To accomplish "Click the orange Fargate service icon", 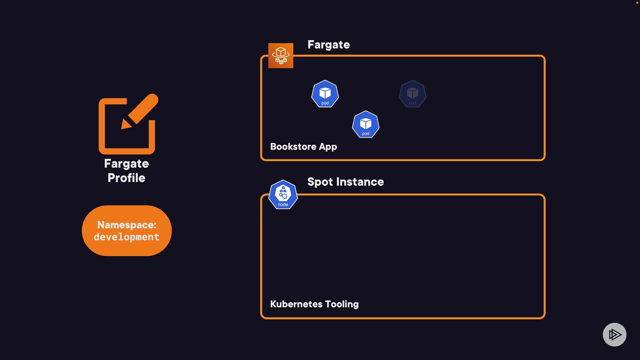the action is point(281,56).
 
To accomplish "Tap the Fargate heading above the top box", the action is point(328,45).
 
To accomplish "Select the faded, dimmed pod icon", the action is point(412,94).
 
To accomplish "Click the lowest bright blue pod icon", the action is point(366,124).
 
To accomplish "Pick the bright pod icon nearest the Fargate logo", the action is point(325,94).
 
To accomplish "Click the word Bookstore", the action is point(293,147).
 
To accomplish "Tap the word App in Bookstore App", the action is point(328,147).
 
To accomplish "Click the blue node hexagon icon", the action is point(283,195).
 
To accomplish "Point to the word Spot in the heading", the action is point(320,182).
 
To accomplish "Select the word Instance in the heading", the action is point(360,182).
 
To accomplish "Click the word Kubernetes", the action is point(296,304).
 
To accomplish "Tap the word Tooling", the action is point(342,304).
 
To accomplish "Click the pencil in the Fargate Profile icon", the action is point(141,110).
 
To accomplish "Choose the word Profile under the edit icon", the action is point(126,178).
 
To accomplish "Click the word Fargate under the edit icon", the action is point(126,164).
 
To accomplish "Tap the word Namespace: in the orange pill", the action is point(127,225).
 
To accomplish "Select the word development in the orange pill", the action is point(127,237).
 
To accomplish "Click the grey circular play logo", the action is point(614,334).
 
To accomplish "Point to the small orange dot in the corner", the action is point(637,3).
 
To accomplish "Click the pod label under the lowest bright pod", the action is point(366,134).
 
